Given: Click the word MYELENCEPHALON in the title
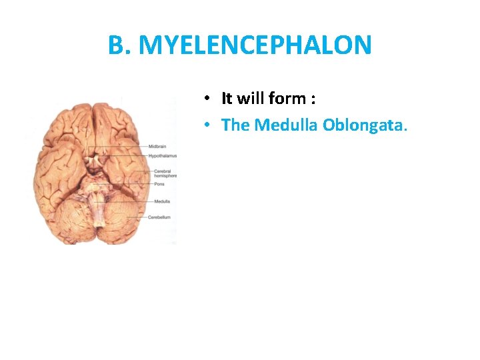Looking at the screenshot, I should [257, 45].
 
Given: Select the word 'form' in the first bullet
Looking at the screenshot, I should [287, 99].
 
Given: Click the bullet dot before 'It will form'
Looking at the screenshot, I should [208, 99].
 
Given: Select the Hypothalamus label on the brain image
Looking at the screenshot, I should [162, 155].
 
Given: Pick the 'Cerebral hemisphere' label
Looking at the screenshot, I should [165, 174].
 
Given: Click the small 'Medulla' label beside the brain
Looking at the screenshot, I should [161, 201].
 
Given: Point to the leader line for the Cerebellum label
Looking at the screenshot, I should [134, 217].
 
